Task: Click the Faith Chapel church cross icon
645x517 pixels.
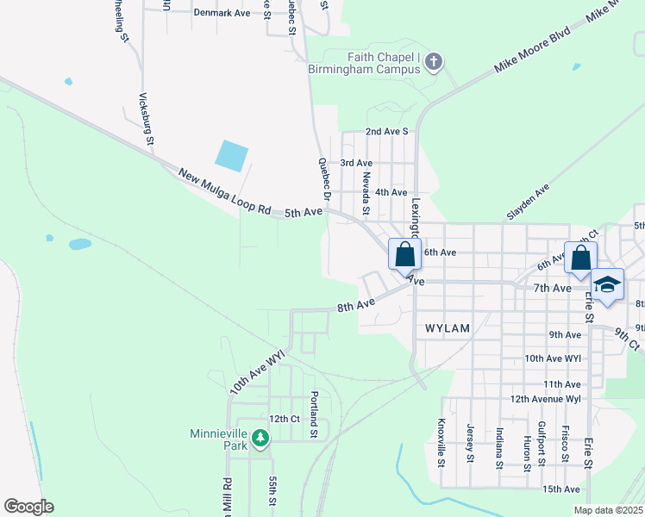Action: tap(434, 62)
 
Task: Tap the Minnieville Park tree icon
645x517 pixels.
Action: tap(260, 439)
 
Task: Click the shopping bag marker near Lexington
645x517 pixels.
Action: tap(404, 255)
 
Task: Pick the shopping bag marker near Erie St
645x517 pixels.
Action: tap(581, 257)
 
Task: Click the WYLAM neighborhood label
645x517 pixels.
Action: tap(447, 328)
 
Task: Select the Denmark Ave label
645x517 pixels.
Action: tap(222, 13)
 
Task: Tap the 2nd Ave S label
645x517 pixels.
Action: tap(385, 132)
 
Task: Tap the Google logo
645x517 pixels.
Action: tap(28, 507)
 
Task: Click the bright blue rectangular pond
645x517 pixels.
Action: tap(231, 155)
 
